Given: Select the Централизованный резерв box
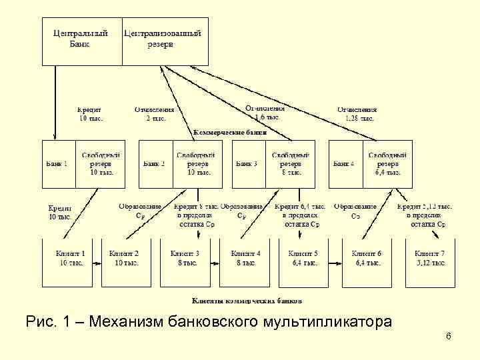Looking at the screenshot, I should [163, 38].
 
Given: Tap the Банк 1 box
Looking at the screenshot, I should [58, 163].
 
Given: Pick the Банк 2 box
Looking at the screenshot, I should [155, 163].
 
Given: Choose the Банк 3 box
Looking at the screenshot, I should [248, 163].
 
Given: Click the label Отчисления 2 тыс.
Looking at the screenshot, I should [154, 114].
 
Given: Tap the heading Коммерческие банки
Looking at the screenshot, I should [229, 133].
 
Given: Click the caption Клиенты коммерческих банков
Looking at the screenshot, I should [247, 300].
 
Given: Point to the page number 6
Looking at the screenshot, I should [449, 336].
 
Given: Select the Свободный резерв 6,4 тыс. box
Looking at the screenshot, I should [388, 163].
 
